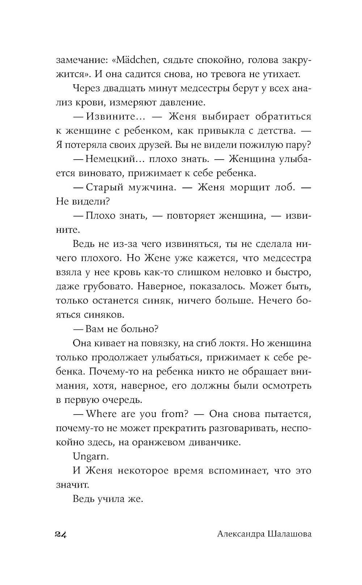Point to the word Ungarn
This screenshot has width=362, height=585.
91,456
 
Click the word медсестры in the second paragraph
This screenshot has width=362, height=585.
208,88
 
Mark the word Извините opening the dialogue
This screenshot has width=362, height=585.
108,117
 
